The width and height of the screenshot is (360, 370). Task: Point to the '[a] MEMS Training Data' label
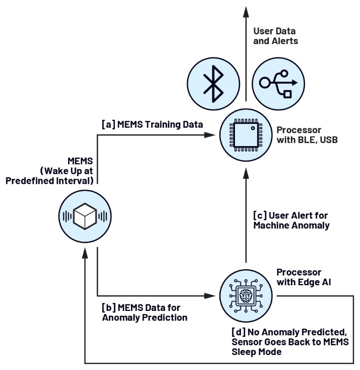pos(152,124)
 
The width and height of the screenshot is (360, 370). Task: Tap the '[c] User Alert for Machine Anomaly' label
pos(291,221)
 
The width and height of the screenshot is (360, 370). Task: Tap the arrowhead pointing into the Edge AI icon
pos(211,295)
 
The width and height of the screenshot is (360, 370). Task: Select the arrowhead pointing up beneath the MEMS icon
pos(85,255)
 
